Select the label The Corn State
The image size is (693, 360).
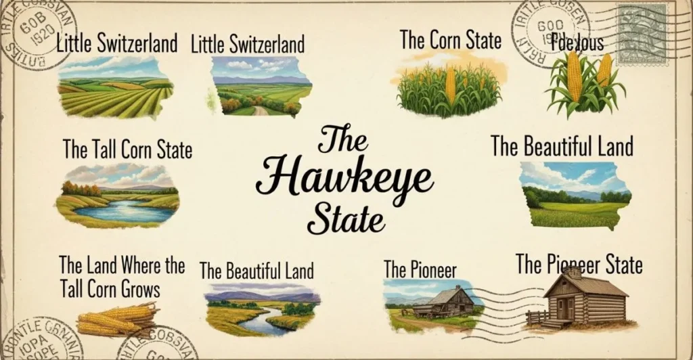tap(450, 40)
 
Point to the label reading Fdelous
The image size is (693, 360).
tap(576, 43)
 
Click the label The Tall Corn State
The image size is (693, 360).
tap(127, 150)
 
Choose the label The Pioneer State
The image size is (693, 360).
tap(579, 264)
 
